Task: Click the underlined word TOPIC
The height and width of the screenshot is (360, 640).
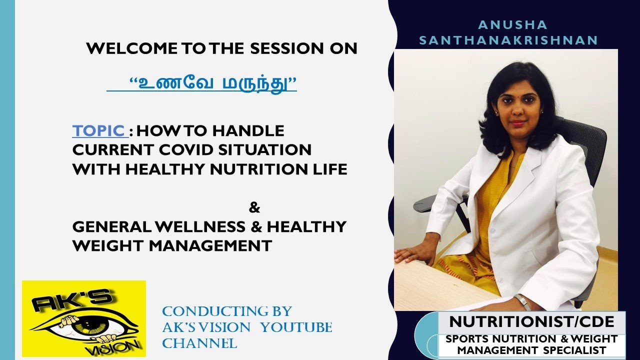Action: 98,131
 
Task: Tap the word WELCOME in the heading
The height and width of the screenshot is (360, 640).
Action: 131,48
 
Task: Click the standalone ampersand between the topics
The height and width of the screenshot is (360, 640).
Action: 254,207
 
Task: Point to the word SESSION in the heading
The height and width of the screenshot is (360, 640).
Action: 286,48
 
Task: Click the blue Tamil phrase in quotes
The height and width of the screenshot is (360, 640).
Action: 213,83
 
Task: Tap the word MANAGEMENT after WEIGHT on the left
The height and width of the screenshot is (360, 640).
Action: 210,245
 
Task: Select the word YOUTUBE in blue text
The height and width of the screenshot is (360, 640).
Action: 296,327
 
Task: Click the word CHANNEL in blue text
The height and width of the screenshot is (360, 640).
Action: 199,343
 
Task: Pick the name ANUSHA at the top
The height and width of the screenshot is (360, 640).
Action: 512,25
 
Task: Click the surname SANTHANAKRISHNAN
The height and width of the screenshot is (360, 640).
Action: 508,40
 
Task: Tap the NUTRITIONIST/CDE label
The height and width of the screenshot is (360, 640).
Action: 531,322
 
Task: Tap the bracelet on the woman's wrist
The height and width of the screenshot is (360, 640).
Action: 523,302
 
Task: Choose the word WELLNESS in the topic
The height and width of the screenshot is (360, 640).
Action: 200,227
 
